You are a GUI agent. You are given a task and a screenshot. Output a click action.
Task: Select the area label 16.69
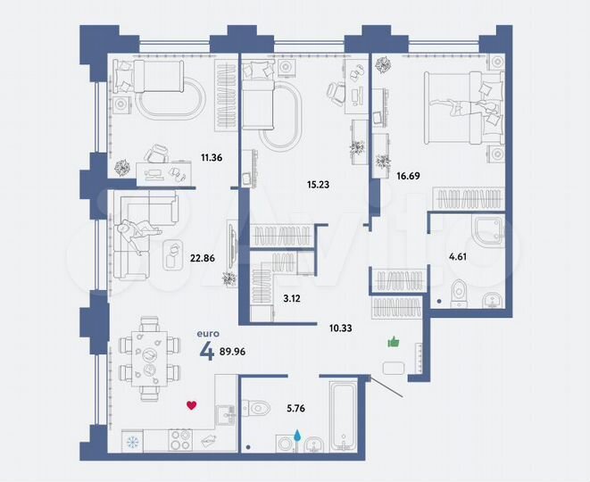[x=407, y=177]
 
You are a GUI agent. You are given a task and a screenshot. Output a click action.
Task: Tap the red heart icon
[x=191, y=405]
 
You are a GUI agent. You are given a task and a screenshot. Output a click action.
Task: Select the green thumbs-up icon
[x=392, y=342]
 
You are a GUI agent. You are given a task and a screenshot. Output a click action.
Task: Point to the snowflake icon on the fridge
[x=134, y=441]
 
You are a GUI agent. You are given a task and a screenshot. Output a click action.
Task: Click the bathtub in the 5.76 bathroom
[x=343, y=416]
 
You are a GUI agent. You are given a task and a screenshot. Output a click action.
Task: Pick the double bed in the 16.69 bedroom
[x=465, y=104]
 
